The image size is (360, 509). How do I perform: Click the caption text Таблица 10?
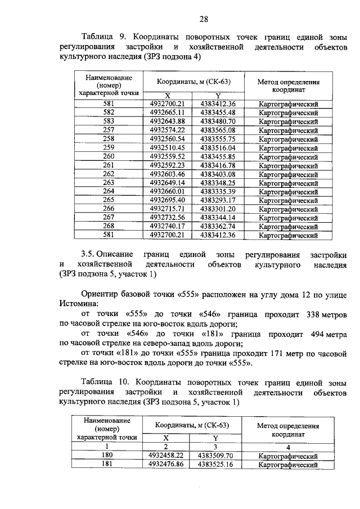[103, 382]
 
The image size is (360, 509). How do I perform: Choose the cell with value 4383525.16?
[214, 465]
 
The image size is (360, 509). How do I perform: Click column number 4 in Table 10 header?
[288, 448]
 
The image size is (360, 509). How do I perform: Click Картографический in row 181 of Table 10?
[288, 465]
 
